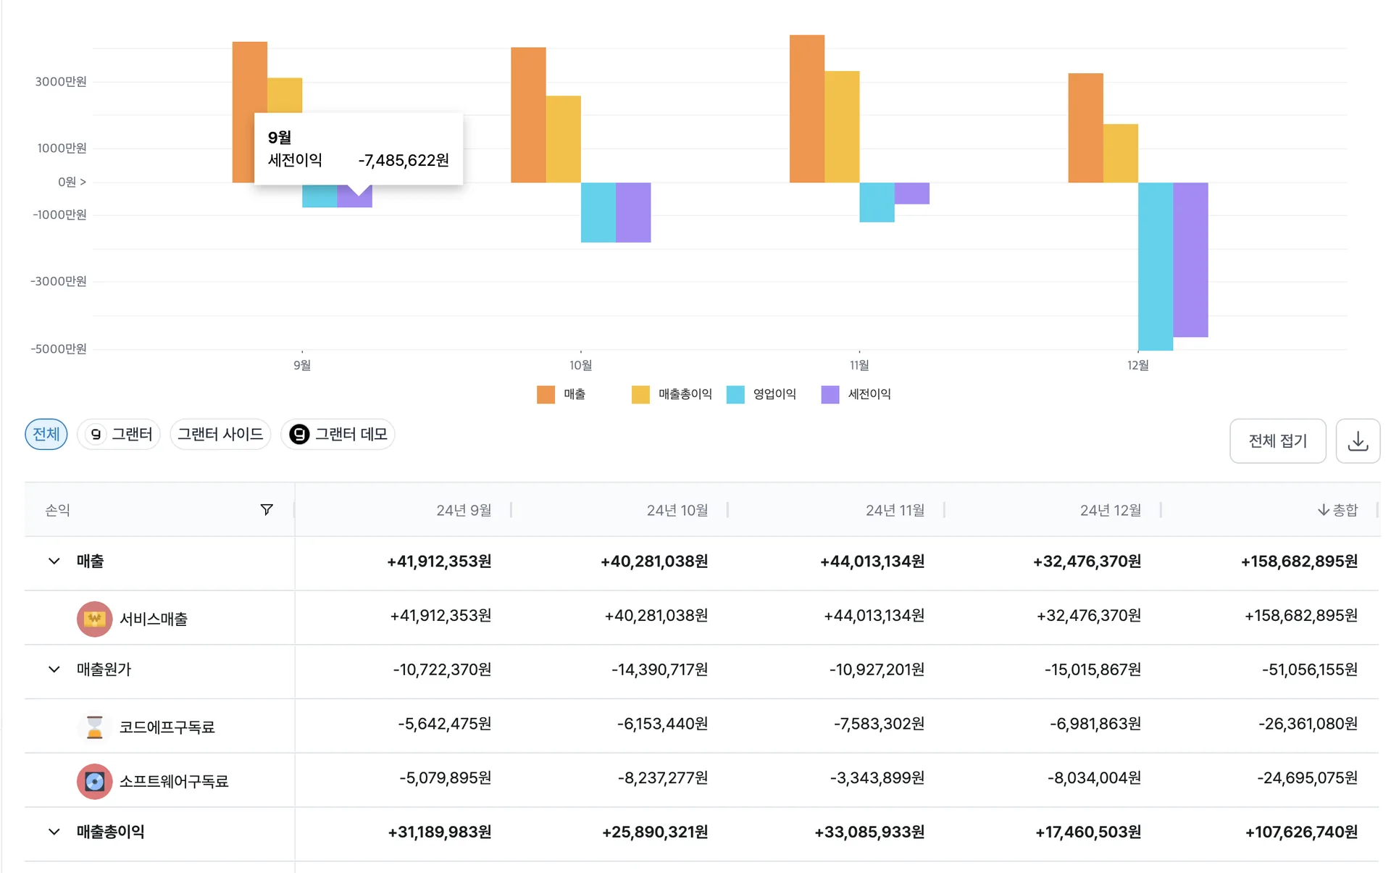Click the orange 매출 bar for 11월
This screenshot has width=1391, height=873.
[x=806, y=109]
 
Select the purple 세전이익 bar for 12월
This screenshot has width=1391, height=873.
[x=1190, y=259]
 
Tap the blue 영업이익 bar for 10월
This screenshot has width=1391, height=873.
[x=598, y=212]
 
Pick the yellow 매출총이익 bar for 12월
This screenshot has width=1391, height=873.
[x=1121, y=154]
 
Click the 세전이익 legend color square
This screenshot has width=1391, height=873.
[x=830, y=394]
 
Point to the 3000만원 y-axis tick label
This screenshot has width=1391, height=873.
[x=61, y=81]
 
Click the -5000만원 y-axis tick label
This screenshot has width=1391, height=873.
[x=58, y=348]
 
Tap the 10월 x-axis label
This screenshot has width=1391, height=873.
[x=580, y=365]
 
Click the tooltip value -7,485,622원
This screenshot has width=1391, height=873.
[x=404, y=160]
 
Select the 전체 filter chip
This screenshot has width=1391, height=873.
[x=46, y=434]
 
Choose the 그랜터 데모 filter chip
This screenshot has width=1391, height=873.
[x=338, y=434]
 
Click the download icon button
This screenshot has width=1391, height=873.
[x=1358, y=440]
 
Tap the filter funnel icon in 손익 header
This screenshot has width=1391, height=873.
[x=267, y=510]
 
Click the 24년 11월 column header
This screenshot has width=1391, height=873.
[x=895, y=510]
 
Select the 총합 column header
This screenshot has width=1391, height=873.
[x=1337, y=510]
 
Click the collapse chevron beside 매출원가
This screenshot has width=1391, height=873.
[x=54, y=669]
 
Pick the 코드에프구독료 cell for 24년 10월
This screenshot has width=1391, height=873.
[x=662, y=724]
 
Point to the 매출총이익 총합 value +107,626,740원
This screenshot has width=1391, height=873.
[x=1301, y=832]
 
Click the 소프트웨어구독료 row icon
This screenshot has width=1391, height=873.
[x=95, y=781]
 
